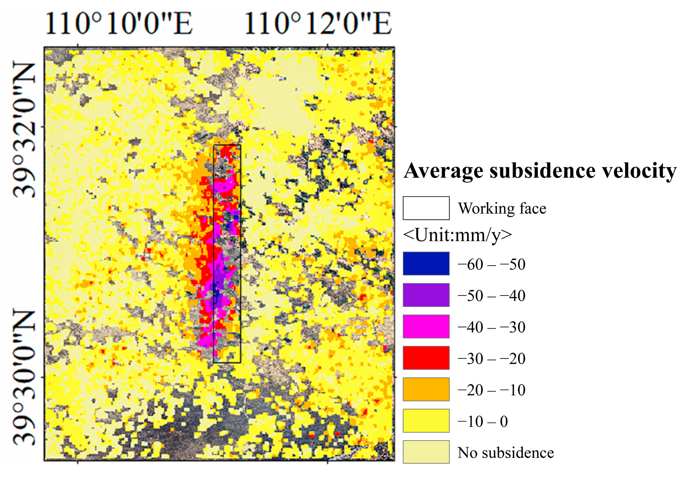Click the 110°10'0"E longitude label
coord(119,23)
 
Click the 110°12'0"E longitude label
coord(318,23)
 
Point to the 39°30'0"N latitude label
coord(24,377)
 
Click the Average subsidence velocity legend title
coord(540,171)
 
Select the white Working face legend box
coord(426,208)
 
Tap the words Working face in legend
coord(502,208)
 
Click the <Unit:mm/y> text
coord(457,235)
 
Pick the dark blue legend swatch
coord(426,264)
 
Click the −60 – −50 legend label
coord(491,264)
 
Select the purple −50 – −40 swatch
coord(426,295)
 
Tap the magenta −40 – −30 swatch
coord(426,327)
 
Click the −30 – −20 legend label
coord(491,359)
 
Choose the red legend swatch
coord(426,358)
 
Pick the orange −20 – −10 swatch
coord(426,389)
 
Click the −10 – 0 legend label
coord(482,422)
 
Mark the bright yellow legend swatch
coord(426,421)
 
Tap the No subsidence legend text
coord(506,453)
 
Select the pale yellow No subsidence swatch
coord(426,452)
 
